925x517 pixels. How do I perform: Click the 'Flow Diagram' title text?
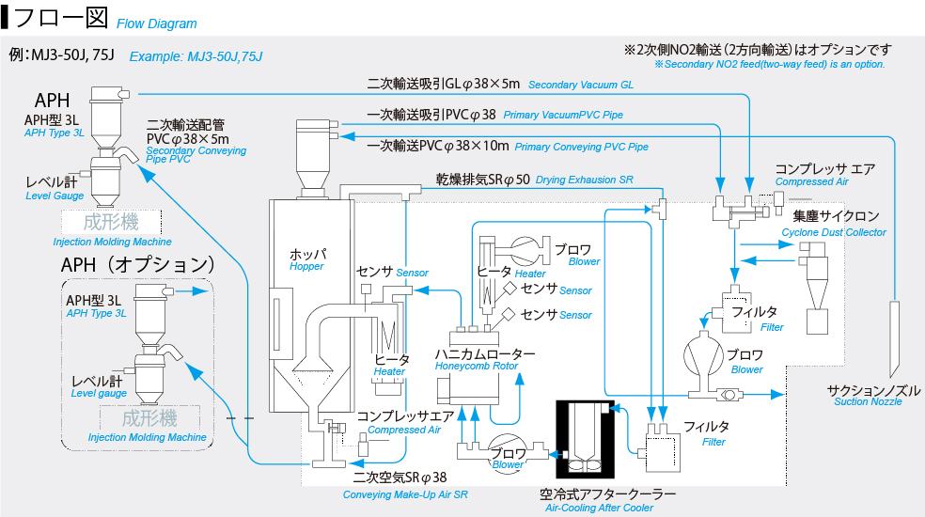click(x=156, y=23)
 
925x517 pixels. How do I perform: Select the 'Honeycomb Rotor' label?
click(x=477, y=367)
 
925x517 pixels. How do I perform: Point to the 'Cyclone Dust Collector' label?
click(x=834, y=232)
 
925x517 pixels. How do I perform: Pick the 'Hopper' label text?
click(x=306, y=267)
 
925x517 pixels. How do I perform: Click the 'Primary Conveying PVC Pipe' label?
click(x=581, y=147)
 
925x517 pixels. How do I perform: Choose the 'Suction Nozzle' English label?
click(x=868, y=402)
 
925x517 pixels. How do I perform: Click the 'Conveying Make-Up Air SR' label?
click(x=405, y=494)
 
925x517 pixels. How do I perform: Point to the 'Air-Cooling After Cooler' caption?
click(x=599, y=508)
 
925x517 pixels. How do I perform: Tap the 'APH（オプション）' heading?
click(x=138, y=265)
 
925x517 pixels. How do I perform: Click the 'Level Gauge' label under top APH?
click(x=55, y=196)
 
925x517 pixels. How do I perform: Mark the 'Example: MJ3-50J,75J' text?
click(x=196, y=56)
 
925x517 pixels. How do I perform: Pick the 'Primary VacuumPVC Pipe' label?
click(x=563, y=115)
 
